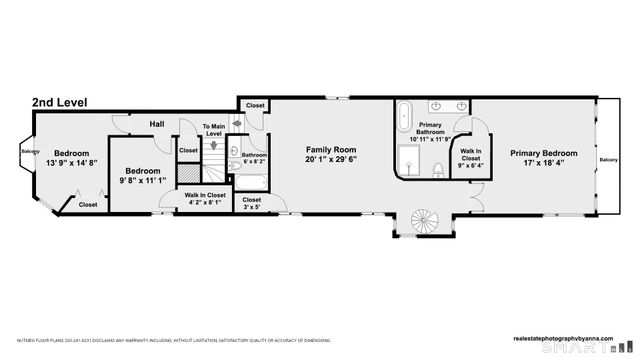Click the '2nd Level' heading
[59, 102]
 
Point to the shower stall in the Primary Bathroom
[411, 158]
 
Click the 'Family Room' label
[331, 148]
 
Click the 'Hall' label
[157, 124]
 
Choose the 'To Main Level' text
[213, 130]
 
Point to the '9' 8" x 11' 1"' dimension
[141, 181]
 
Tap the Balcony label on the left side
[29, 152]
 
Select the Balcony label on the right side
[608, 160]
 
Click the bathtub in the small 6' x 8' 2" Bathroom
[252, 183]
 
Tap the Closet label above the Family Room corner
[255, 105]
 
